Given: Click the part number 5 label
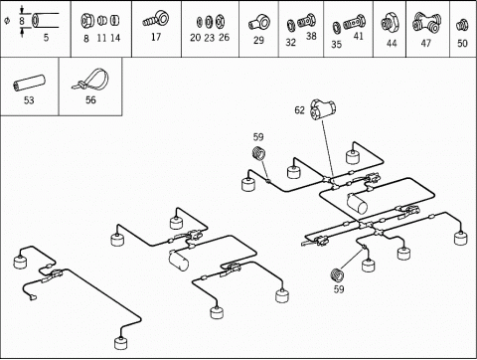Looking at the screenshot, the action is (46, 37).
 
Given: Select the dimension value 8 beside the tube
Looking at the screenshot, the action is (22, 21).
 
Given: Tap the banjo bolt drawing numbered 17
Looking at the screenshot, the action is (156, 19).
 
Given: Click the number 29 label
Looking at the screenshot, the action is (258, 40).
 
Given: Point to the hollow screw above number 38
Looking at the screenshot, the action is (306, 21).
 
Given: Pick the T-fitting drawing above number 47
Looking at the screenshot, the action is (426, 22).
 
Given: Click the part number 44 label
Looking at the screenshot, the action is (392, 43).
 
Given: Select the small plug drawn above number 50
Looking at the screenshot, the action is (462, 25).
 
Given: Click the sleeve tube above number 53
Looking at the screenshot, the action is (29, 83).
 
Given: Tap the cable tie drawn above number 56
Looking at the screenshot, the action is (91, 80).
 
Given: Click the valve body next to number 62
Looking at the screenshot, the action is (323, 109).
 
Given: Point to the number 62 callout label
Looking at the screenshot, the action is (299, 110).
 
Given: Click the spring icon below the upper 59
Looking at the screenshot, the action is (259, 153).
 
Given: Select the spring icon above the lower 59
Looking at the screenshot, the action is (338, 274).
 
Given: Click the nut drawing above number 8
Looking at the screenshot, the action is (87, 21).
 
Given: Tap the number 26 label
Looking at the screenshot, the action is (224, 37).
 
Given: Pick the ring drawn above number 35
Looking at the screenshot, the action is (336, 26).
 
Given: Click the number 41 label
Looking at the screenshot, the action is (359, 36).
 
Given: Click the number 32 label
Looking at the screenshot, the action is (290, 43).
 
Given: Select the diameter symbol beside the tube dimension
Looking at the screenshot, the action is (7, 21).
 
